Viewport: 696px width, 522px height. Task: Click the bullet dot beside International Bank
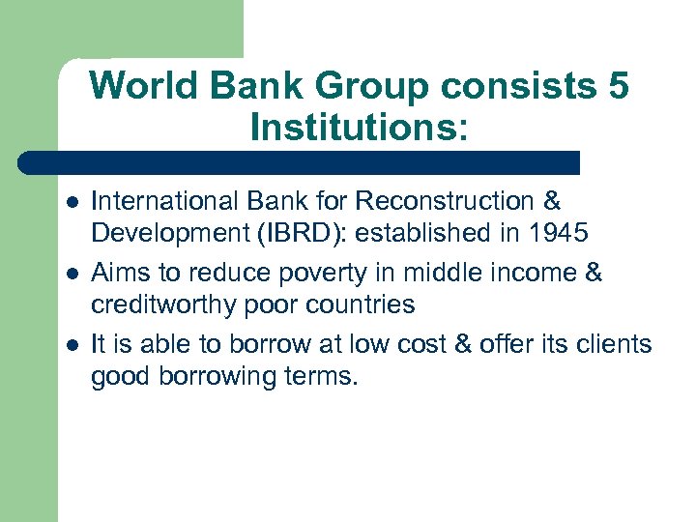pos(68,202)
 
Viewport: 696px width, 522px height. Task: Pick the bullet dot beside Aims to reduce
pos(68,275)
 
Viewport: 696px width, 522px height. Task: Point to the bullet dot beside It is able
pos(68,345)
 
